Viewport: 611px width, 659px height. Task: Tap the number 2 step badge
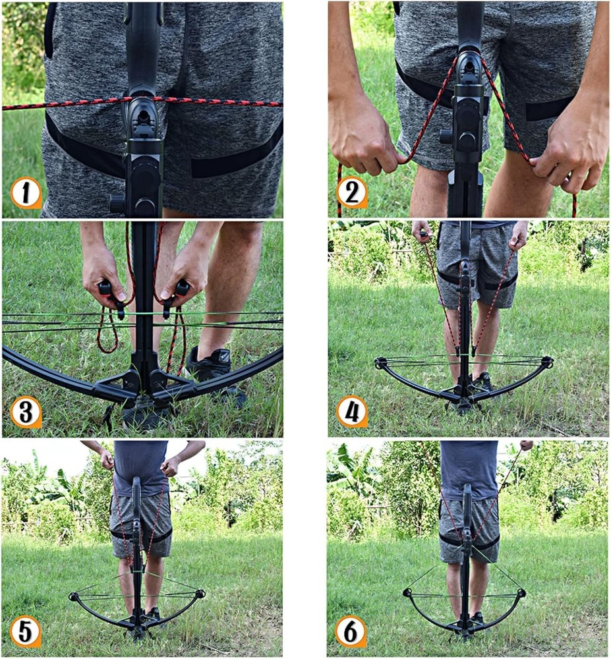351,193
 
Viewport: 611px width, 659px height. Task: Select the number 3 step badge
26,413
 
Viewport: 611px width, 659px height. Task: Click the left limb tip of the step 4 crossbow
380,362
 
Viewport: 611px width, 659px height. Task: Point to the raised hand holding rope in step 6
526,445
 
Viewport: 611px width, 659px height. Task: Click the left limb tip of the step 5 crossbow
74,597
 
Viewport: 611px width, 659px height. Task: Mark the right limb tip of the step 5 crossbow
200,594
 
